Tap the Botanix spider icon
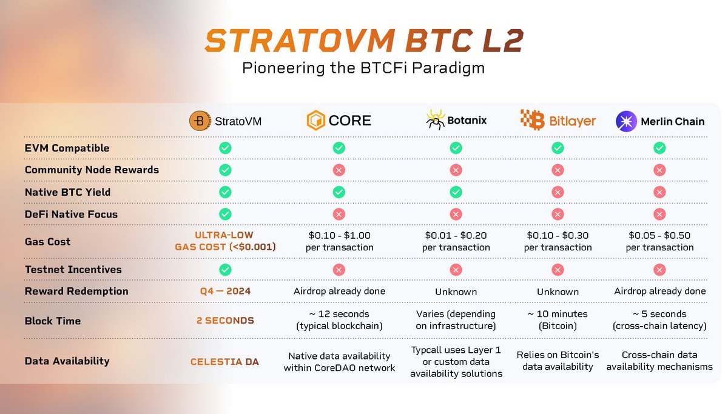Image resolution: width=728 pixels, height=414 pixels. coord(435,121)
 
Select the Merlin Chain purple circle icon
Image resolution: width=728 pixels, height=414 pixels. coord(626,121)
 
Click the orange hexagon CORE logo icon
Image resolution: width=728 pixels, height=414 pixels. coord(315,121)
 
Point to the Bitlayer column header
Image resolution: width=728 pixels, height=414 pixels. coord(558,121)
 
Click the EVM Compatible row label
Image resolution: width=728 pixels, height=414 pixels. coord(67,148)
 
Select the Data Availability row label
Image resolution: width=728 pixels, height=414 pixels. coord(67,361)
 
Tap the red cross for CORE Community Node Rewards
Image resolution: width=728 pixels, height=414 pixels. coord(339,170)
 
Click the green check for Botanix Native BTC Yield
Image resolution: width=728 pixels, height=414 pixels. coord(456,192)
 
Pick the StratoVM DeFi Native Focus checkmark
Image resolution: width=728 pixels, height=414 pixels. coord(225,214)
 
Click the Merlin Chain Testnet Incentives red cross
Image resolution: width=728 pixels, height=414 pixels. coord(659,270)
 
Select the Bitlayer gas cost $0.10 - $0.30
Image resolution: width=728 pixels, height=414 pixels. coord(558,241)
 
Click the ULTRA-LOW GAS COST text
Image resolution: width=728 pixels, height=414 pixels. coord(224,241)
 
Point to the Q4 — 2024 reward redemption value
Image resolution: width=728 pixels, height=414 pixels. coord(224,291)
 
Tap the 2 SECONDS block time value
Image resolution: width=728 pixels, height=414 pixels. coord(224,321)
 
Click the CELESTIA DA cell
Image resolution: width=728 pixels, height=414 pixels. coord(224,362)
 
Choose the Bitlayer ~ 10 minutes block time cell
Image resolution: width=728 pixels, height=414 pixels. coord(558,320)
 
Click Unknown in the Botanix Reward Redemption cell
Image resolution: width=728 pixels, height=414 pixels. coord(456,292)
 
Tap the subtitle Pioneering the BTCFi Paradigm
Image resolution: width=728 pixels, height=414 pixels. coord(363,67)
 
